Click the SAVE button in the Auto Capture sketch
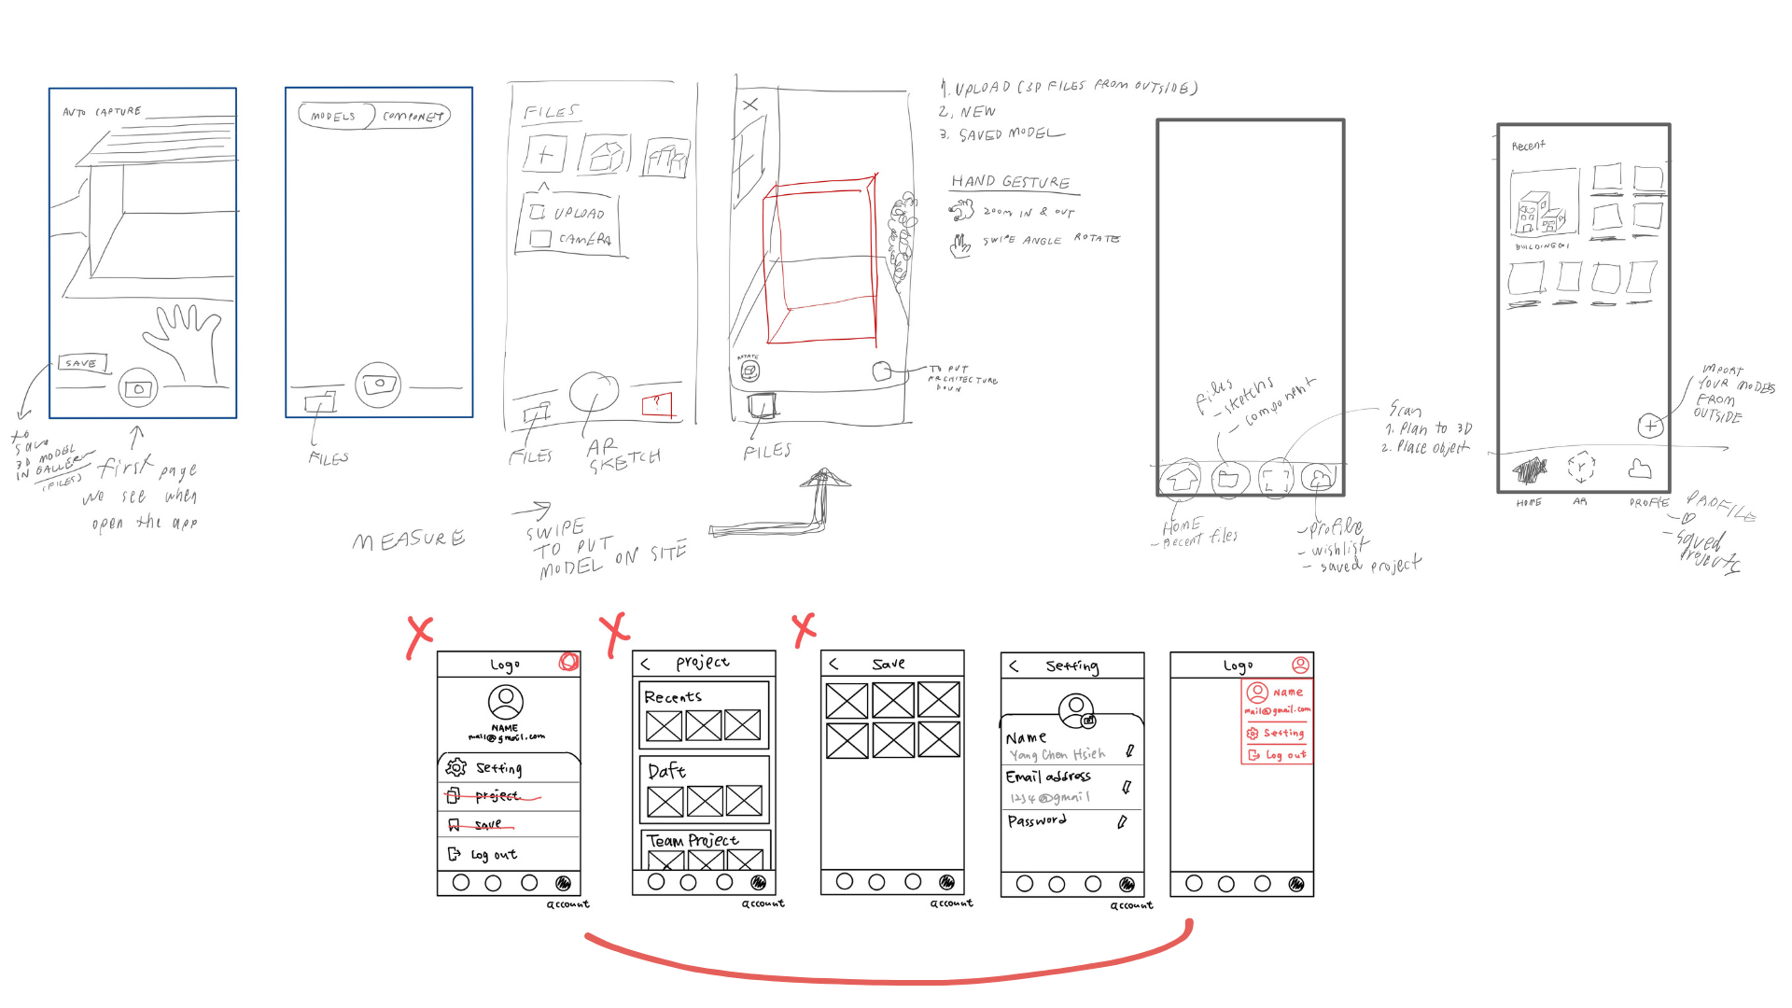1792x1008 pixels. click(82, 363)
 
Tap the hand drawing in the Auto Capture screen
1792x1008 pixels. click(186, 341)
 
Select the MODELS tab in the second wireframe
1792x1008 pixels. click(334, 116)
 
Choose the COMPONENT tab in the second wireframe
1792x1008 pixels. click(413, 116)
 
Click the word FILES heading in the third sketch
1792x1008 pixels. click(551, 112)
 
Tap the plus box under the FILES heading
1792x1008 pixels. click(545, 154)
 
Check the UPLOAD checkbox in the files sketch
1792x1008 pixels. click(538, 212)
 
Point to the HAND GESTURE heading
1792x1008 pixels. click(1011, 182)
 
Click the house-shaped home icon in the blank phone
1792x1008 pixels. click(1182, 479)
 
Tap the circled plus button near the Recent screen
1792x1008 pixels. click(1650, 427)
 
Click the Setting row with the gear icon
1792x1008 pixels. click(498, 768)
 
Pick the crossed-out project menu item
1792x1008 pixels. click(496, 796)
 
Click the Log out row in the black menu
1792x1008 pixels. click(493, 855)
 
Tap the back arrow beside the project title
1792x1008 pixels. click(645, 664)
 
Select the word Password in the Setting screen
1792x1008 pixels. click(1037, 821)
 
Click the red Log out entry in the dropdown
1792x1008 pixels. click(1285, 755)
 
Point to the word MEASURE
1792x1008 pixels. click(409, 539)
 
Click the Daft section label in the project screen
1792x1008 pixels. click(666, 771)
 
